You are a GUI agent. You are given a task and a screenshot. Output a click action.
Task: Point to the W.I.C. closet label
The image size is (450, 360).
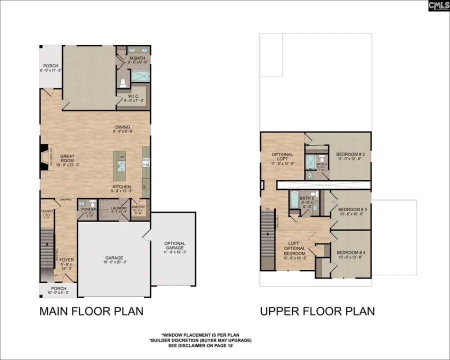click(133, 97)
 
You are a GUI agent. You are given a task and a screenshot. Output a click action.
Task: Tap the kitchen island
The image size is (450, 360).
click(120, 166)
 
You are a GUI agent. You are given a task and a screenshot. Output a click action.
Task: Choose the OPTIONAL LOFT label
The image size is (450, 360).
click(282, 157)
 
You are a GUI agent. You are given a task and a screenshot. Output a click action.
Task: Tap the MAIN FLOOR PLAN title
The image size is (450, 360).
click(91, 311)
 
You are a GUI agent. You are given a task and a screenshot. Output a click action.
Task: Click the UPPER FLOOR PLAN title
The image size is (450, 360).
click(317, 311)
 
